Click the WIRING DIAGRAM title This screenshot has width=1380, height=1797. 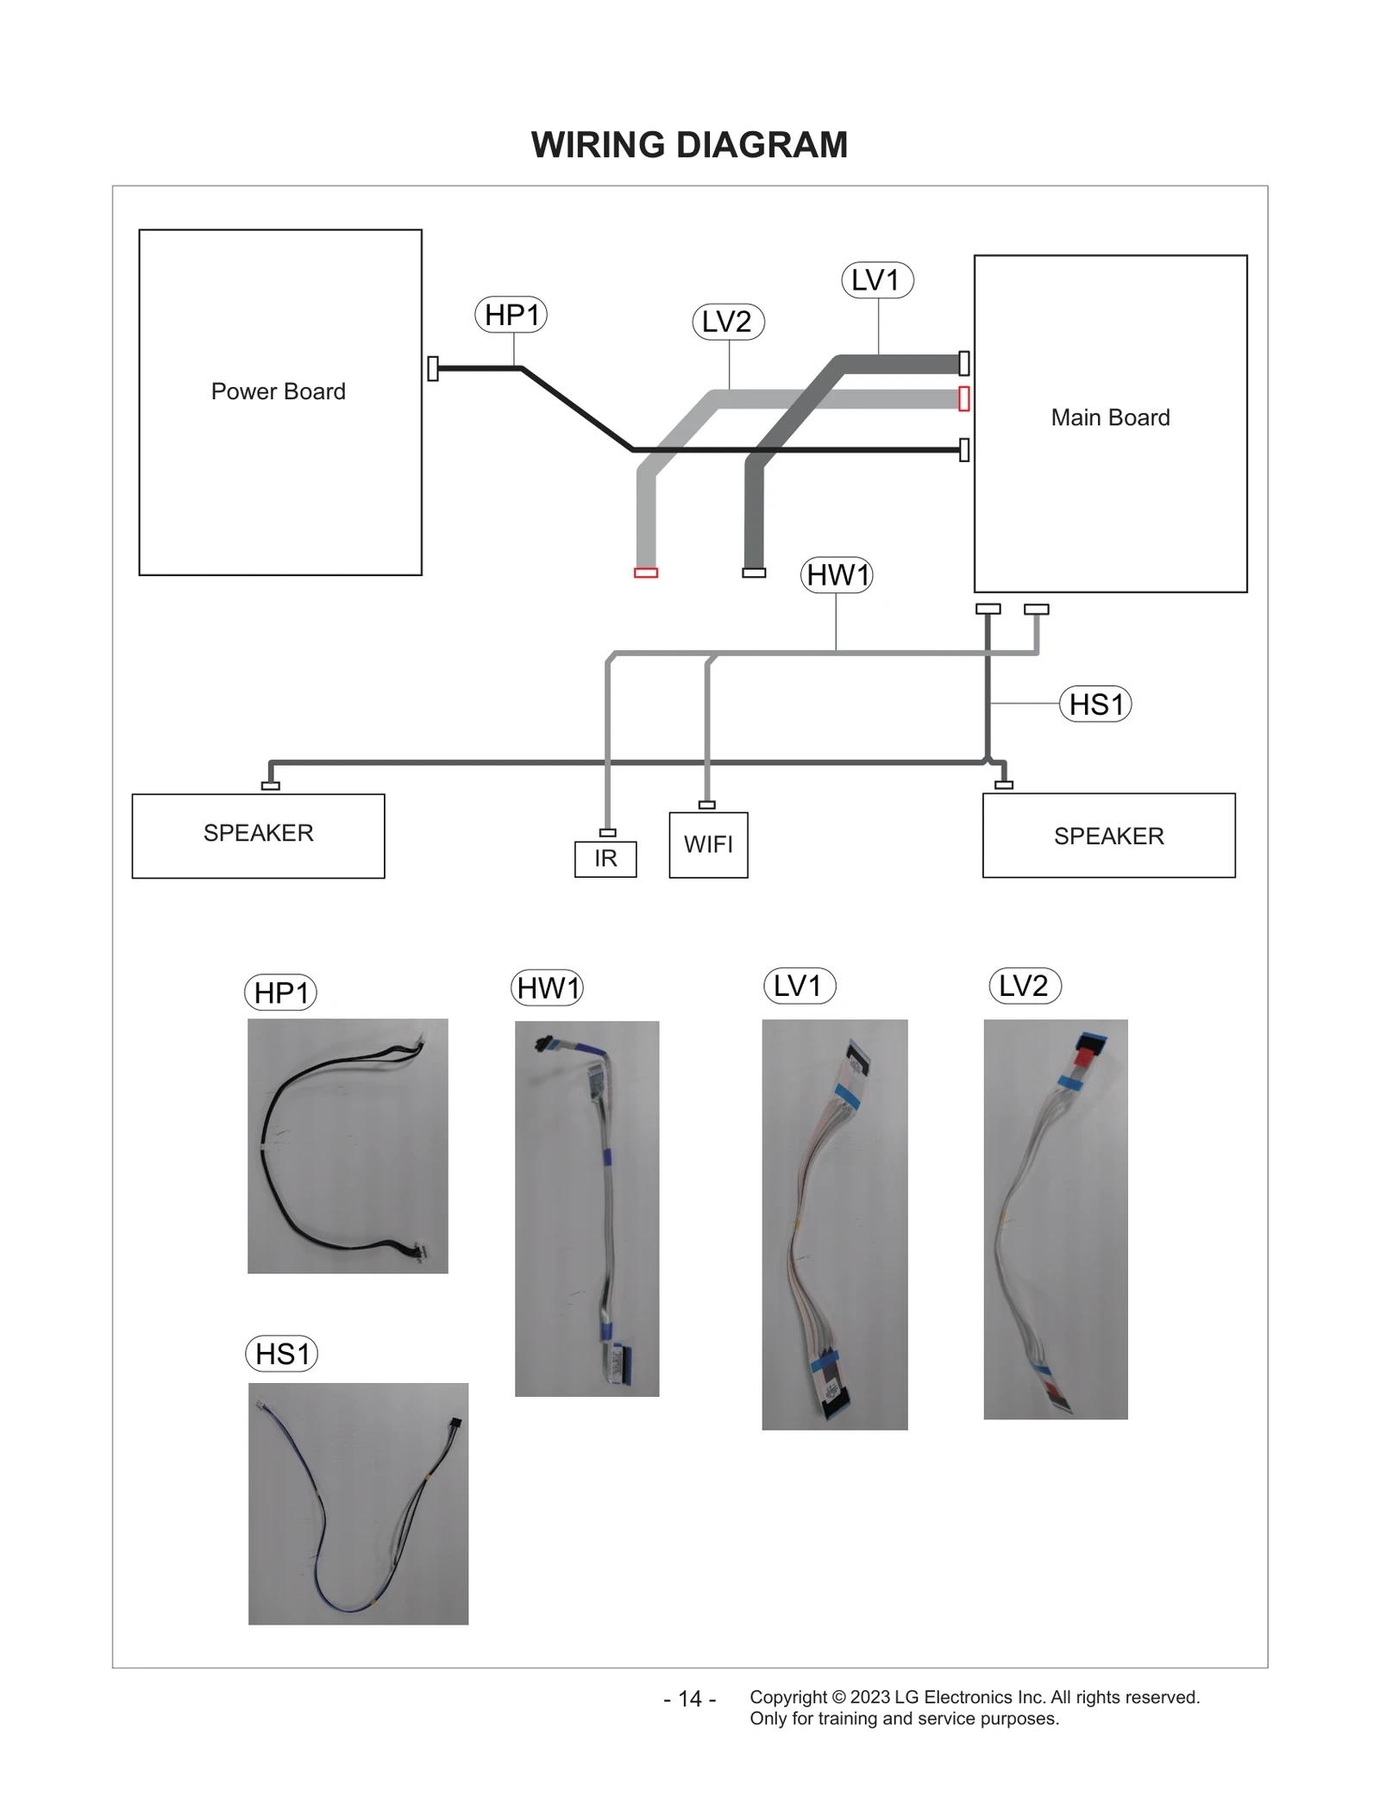point(689,145)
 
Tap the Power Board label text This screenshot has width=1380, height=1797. point(278,391)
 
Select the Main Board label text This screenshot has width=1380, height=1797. point(1110,417)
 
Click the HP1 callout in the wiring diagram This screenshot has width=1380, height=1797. point(511,315)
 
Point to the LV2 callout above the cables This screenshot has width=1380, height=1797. point(728,322)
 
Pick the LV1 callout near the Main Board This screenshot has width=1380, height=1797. point(876,280)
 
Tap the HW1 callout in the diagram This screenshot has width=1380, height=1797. point(837,574)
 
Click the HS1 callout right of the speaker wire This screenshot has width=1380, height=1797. point(1095,704)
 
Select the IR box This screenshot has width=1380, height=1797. point(605,859)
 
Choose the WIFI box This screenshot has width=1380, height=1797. point(708,845)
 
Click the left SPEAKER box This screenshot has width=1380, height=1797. point(258,835)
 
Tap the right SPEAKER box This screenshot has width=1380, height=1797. point(1108,836)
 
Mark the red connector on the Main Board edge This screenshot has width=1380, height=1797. point(964,398)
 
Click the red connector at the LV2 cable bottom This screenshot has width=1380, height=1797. point(646,573)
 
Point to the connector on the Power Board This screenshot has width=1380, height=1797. point(433,368)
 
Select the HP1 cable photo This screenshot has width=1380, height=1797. point(348,1145)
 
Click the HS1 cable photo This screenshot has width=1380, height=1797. point(358,1503)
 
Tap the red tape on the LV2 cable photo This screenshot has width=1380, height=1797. point(1088,1055)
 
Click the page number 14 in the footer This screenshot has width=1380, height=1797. point(690,1699)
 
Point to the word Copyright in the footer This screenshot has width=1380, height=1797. point(787,1697)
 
